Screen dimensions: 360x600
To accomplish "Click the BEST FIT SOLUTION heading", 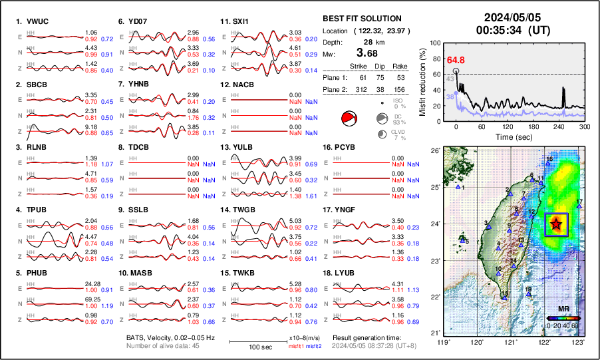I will pyautogui.click(x=362, y=19).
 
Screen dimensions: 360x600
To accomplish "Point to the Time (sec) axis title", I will pyautogui.click(x=510, y=136).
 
